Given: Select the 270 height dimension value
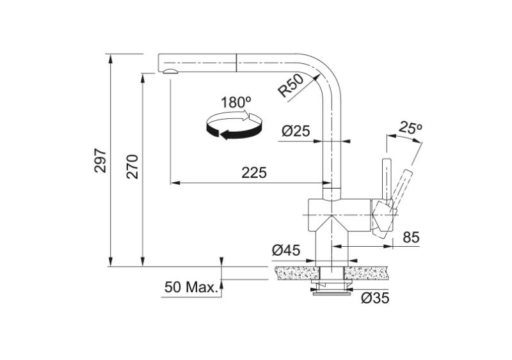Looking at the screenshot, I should [x=132, y=167].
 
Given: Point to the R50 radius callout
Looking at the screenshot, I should [x=291, y=85].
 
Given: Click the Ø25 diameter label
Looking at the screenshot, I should [x=296, y=131].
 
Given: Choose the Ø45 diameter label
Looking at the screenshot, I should [x=286, y=251].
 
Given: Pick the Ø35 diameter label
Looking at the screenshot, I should [x=374, y=298].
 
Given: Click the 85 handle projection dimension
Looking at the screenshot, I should [x=411, y=237].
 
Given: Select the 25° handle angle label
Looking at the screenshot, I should [x=410, y=128].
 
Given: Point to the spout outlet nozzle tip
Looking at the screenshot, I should [x=170, y=71].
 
